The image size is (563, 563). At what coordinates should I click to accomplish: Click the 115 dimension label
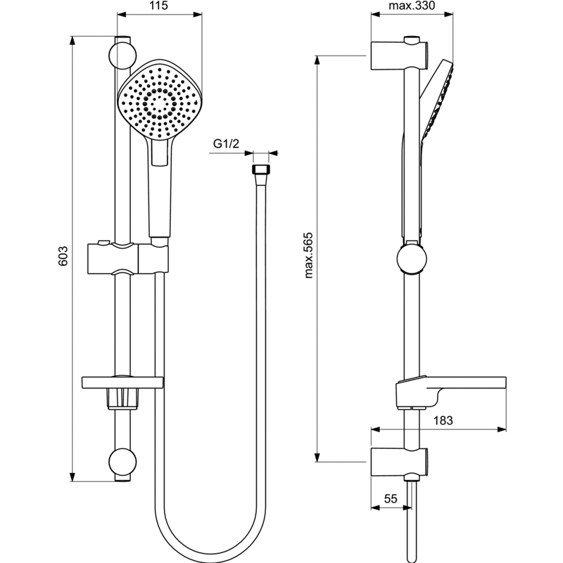pos(160,6)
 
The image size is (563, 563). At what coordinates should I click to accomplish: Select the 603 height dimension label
pos(63,255)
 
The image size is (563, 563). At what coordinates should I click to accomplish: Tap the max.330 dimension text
pos(412,6)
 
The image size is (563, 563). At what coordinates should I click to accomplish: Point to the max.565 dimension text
pos(309,255)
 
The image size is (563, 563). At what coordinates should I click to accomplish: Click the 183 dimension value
pos(443,420)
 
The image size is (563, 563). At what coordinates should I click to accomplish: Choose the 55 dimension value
pos(391,499)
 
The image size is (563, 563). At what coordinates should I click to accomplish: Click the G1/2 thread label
pos(226,144)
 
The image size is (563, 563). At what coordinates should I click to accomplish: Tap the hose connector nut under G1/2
pos(261,170)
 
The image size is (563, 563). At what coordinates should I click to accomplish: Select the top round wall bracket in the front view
pos(122,56)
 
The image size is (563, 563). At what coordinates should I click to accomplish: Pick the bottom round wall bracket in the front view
pos(122,462)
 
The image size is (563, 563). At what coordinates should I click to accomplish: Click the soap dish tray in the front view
pos(122,382)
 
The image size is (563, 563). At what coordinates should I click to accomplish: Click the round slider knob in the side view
pos(412,259)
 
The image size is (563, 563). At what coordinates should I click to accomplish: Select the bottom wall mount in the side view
pos(399,462)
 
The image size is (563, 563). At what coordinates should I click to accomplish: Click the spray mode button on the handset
pos(160,152)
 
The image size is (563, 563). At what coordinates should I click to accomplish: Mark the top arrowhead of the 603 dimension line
pos(72,40)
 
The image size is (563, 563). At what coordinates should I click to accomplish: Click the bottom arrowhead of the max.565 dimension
pos(317,457)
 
